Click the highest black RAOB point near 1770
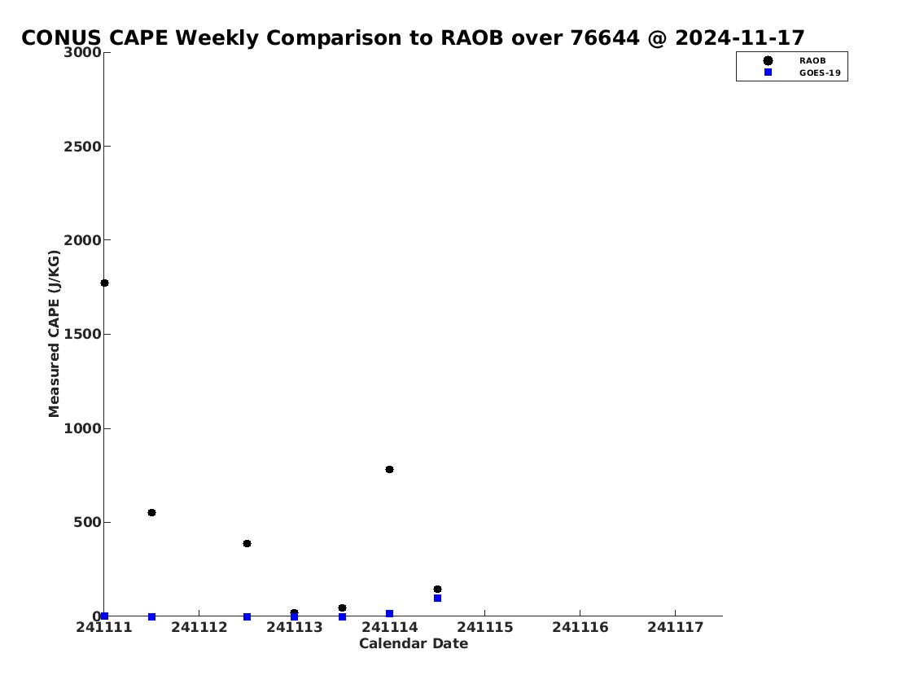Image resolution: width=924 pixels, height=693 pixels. (104, 283)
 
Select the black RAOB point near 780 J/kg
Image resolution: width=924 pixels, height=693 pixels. (389, 470)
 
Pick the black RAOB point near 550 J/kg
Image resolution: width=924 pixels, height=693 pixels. (151, 513)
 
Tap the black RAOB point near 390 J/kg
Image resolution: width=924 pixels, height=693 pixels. (247, 543)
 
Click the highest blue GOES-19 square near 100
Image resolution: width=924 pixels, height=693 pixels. (437, 598)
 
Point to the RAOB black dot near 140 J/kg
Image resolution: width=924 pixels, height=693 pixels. (437, 590)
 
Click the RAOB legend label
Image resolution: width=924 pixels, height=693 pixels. (812, 61)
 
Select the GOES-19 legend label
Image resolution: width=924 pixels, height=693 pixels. (820, 73)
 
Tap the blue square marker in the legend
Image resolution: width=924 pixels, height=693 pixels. (768, 72)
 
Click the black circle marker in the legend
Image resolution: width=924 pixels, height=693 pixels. (768, 61)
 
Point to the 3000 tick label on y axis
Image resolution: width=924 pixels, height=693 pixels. (82, 52)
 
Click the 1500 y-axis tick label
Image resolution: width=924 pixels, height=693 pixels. (82, 334)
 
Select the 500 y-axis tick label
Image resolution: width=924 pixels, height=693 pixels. (87, 522)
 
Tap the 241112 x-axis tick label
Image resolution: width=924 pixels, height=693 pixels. (199, 627)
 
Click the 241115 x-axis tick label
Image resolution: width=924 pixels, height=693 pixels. (485, 627)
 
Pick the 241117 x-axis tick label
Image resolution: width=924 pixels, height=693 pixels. (676, 627)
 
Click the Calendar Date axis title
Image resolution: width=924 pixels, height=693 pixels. (414, 643)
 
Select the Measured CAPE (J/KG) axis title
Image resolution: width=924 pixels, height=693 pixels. (55, 334)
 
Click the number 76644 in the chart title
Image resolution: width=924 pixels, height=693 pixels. (605, 38)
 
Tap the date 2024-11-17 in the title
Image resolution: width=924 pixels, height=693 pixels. (739, 38)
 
